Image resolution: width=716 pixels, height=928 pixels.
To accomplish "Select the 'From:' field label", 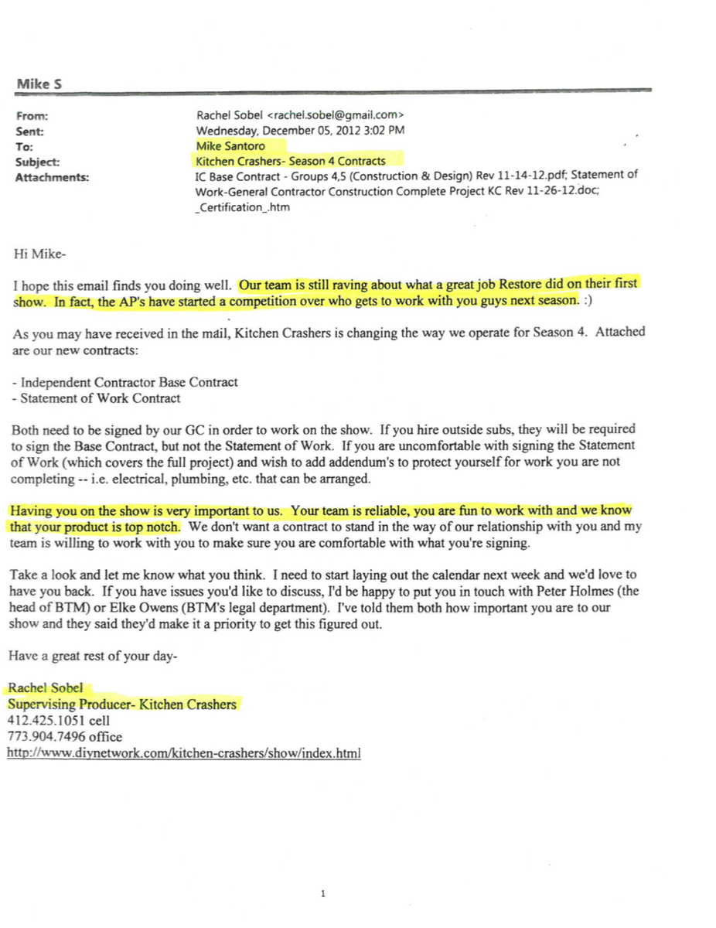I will coord(32,116).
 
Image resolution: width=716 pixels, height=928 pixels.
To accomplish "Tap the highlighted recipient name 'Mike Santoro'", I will coord(230,145).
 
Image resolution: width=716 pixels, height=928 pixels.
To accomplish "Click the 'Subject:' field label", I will coord(38,162).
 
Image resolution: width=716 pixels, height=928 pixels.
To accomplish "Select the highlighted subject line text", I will coord(291,161).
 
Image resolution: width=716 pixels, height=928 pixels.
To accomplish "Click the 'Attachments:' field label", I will coord(52,177).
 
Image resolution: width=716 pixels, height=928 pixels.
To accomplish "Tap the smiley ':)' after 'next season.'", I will coord(590,301).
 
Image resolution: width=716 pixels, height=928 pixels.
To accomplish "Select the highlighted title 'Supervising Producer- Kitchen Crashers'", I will coord(122,705).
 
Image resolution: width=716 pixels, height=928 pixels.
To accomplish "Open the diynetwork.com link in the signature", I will coord(184,752).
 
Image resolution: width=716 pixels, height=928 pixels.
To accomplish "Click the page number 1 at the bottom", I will coord(322,894).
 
